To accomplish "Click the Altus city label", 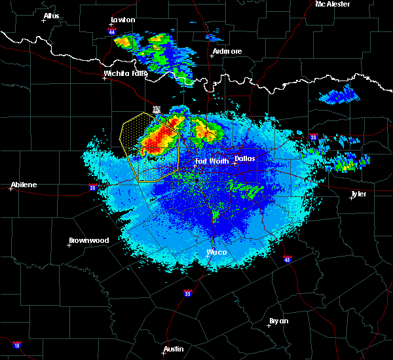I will point(51,16).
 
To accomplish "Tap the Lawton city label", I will point(122,20).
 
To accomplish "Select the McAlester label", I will point(333,4).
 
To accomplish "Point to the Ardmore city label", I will point(227,51).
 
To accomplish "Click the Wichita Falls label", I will point(126,74).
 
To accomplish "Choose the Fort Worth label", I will point(212,161).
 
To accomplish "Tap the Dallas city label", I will point(245,158).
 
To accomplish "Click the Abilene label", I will point(23,185).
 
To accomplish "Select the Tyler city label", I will point(358,194).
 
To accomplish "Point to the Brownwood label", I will point(89,240).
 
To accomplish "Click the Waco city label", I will point(217,252).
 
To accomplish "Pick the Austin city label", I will point(174,349).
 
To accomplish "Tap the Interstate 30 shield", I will point(314,137).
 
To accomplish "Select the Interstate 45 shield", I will point(288,261).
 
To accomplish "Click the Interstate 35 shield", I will point(188,292).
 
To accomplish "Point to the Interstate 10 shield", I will point(17,345).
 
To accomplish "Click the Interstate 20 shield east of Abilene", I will point(92,188).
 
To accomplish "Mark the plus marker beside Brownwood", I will point(69,245).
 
